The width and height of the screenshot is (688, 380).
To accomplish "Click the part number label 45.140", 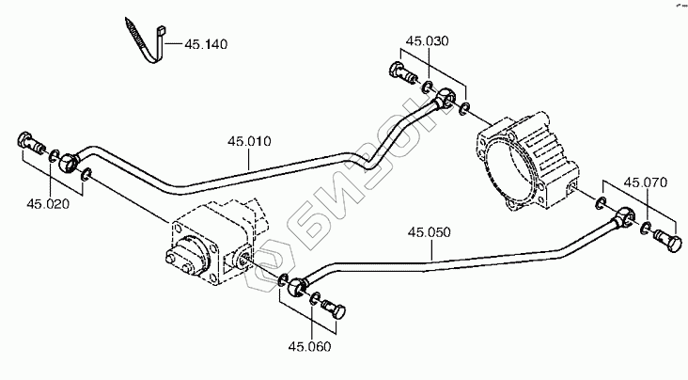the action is pos(205,43).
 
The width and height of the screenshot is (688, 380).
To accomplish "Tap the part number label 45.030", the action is pos(428,42).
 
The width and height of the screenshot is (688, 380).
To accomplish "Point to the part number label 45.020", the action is pos(47,202).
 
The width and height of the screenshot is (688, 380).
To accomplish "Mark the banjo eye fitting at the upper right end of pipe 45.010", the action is pos(449,98).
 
